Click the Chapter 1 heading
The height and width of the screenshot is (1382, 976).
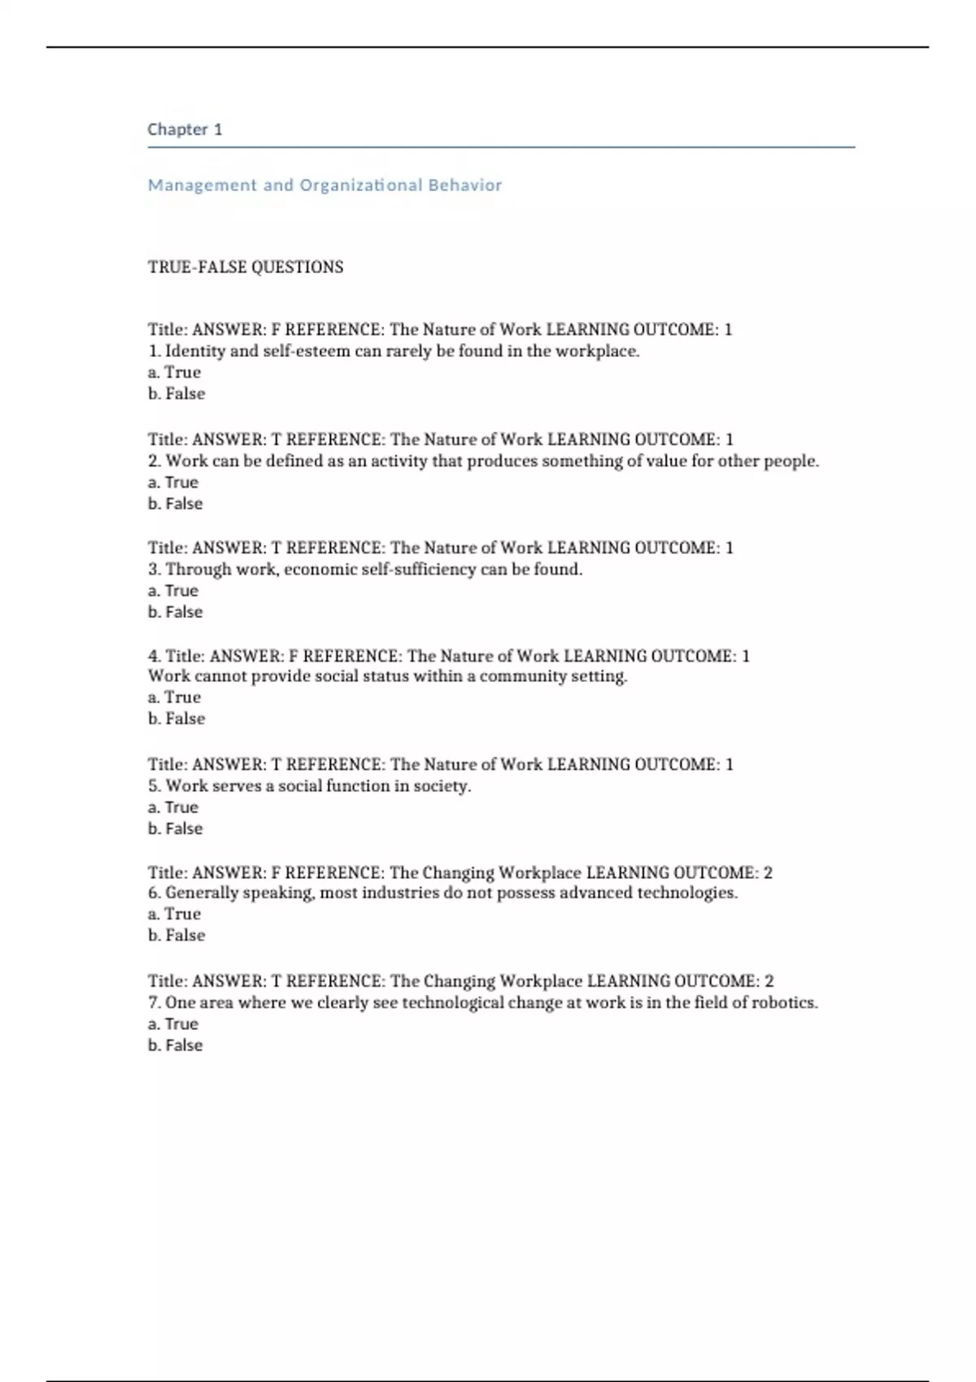pyautogui.click(x=185, y=129)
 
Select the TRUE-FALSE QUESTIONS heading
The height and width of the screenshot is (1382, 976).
pyautogui.click(x=246, y=267)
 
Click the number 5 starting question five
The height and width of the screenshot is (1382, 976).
pyautogui.click(x=153, y=786)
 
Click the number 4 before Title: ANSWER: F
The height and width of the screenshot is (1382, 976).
pyautogui.click(x=153, y=656)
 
